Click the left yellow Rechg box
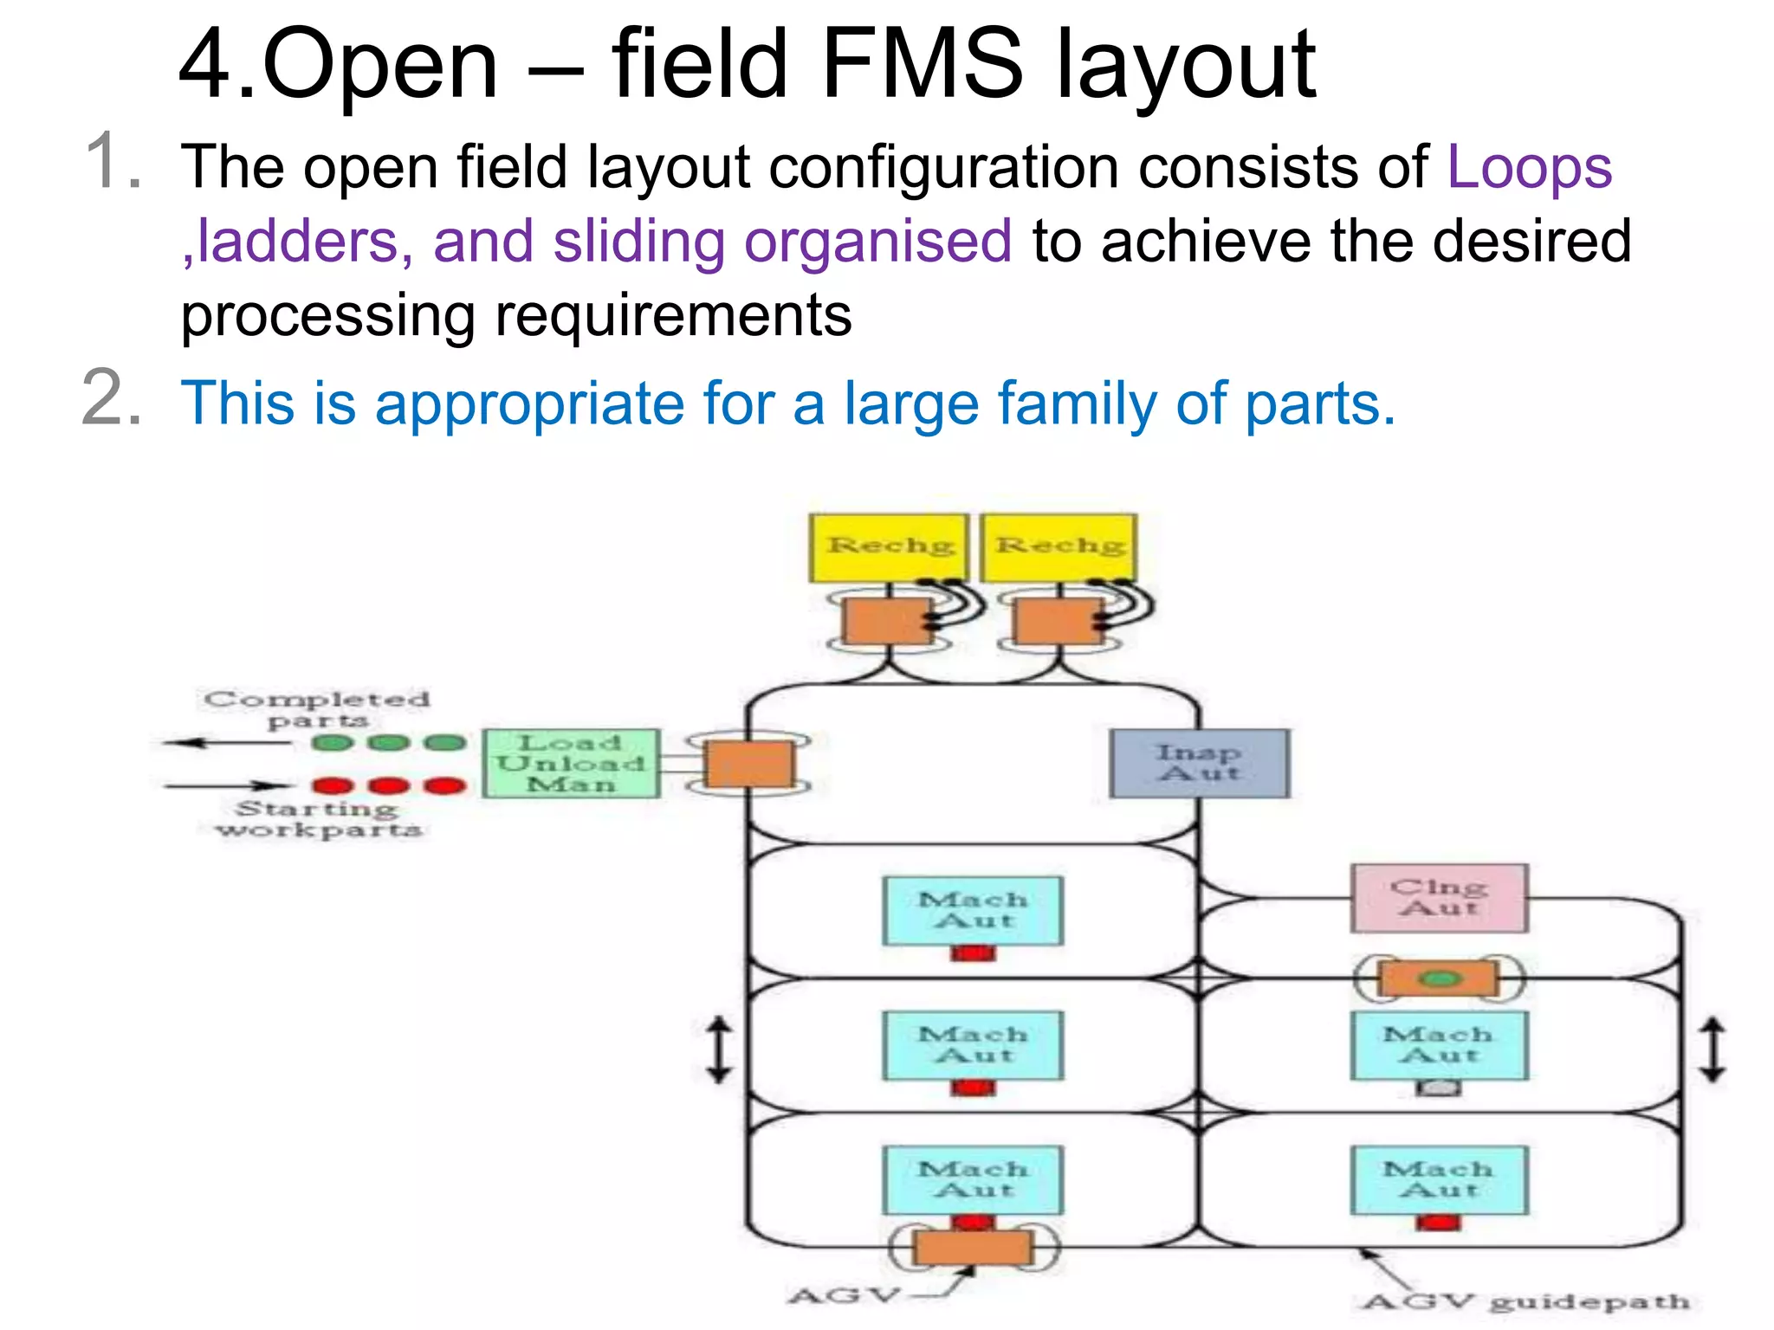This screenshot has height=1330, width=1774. tap(888, 547)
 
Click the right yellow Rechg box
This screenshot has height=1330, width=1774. tap(1059, 547)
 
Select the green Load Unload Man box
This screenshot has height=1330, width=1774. tap(571, 763)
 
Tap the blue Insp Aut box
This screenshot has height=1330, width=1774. tap(1199, 763)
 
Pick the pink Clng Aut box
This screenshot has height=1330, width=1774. tap(1439, 898)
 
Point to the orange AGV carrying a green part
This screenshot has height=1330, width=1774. tap(1439, 979)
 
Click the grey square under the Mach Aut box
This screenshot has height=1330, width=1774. tap(1438, 1088)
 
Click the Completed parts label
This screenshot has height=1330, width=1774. tap(317, 709)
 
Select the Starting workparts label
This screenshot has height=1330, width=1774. tap(319, 819)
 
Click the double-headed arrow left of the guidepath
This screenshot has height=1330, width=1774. tap(719, 1049)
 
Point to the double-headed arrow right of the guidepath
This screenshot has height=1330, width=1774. tap(1712, 1049)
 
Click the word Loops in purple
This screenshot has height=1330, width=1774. tap(1529, 166)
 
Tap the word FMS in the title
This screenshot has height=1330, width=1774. tap(922, 64)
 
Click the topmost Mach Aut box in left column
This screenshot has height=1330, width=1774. tap(972, 910)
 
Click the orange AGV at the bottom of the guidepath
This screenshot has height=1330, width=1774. tap(973, 1248)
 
